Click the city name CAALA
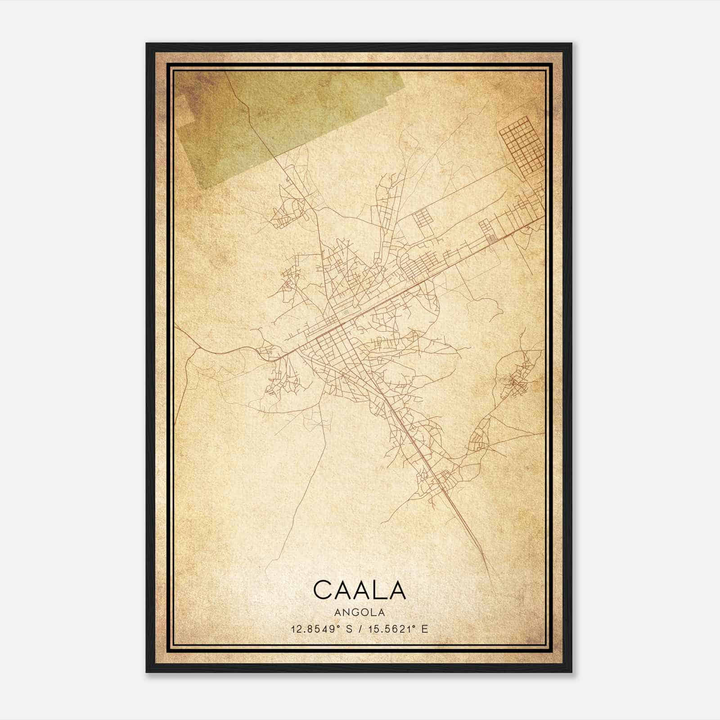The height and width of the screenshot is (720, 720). [359, 589]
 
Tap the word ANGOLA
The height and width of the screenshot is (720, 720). [359, 612]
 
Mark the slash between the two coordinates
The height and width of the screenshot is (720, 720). [360, 629]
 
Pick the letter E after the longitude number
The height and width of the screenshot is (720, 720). [425, 629]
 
